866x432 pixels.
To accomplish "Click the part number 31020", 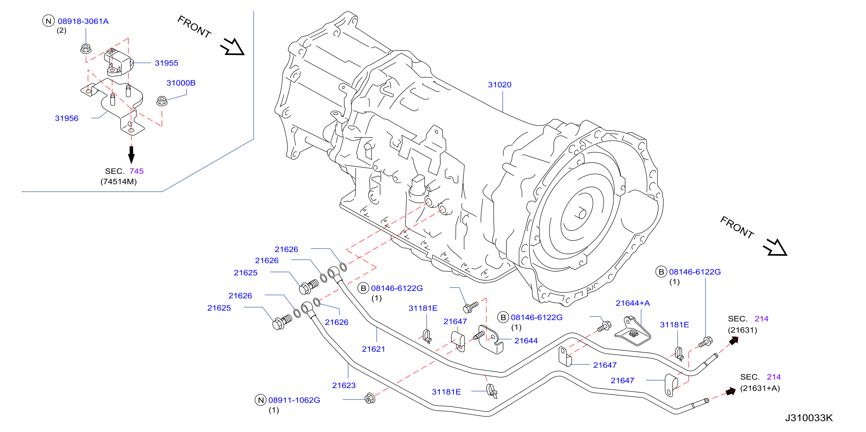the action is point(500,85).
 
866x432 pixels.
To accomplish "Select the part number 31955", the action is point(166,63).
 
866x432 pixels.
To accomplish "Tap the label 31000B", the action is point(181,83).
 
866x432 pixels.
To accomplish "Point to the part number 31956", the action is point(67,118).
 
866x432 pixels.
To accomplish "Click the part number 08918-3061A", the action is point(83,21).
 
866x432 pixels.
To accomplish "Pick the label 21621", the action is point(373,349).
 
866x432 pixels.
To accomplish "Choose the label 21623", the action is point(343,385).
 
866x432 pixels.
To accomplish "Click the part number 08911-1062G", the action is point(294,400).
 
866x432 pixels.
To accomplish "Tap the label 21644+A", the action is point(633,303).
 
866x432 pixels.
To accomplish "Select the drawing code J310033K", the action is point(809,418).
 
